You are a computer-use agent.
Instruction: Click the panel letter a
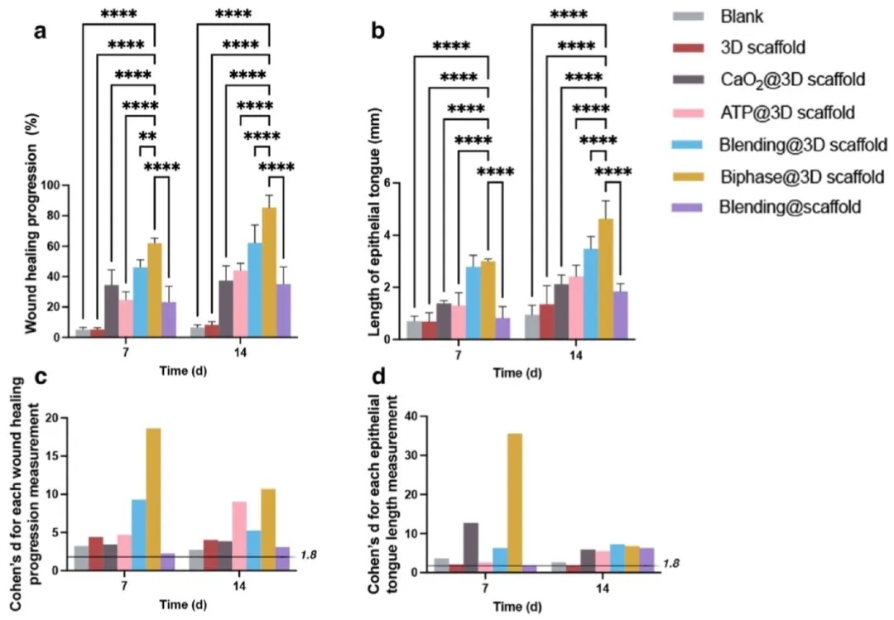39,33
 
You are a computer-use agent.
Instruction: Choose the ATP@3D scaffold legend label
787,112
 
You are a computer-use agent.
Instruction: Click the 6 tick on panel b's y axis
396,183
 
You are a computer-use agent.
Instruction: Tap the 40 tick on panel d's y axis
408,416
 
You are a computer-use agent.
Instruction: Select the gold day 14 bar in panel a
269,272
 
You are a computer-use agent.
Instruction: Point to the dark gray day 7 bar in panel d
470,546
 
